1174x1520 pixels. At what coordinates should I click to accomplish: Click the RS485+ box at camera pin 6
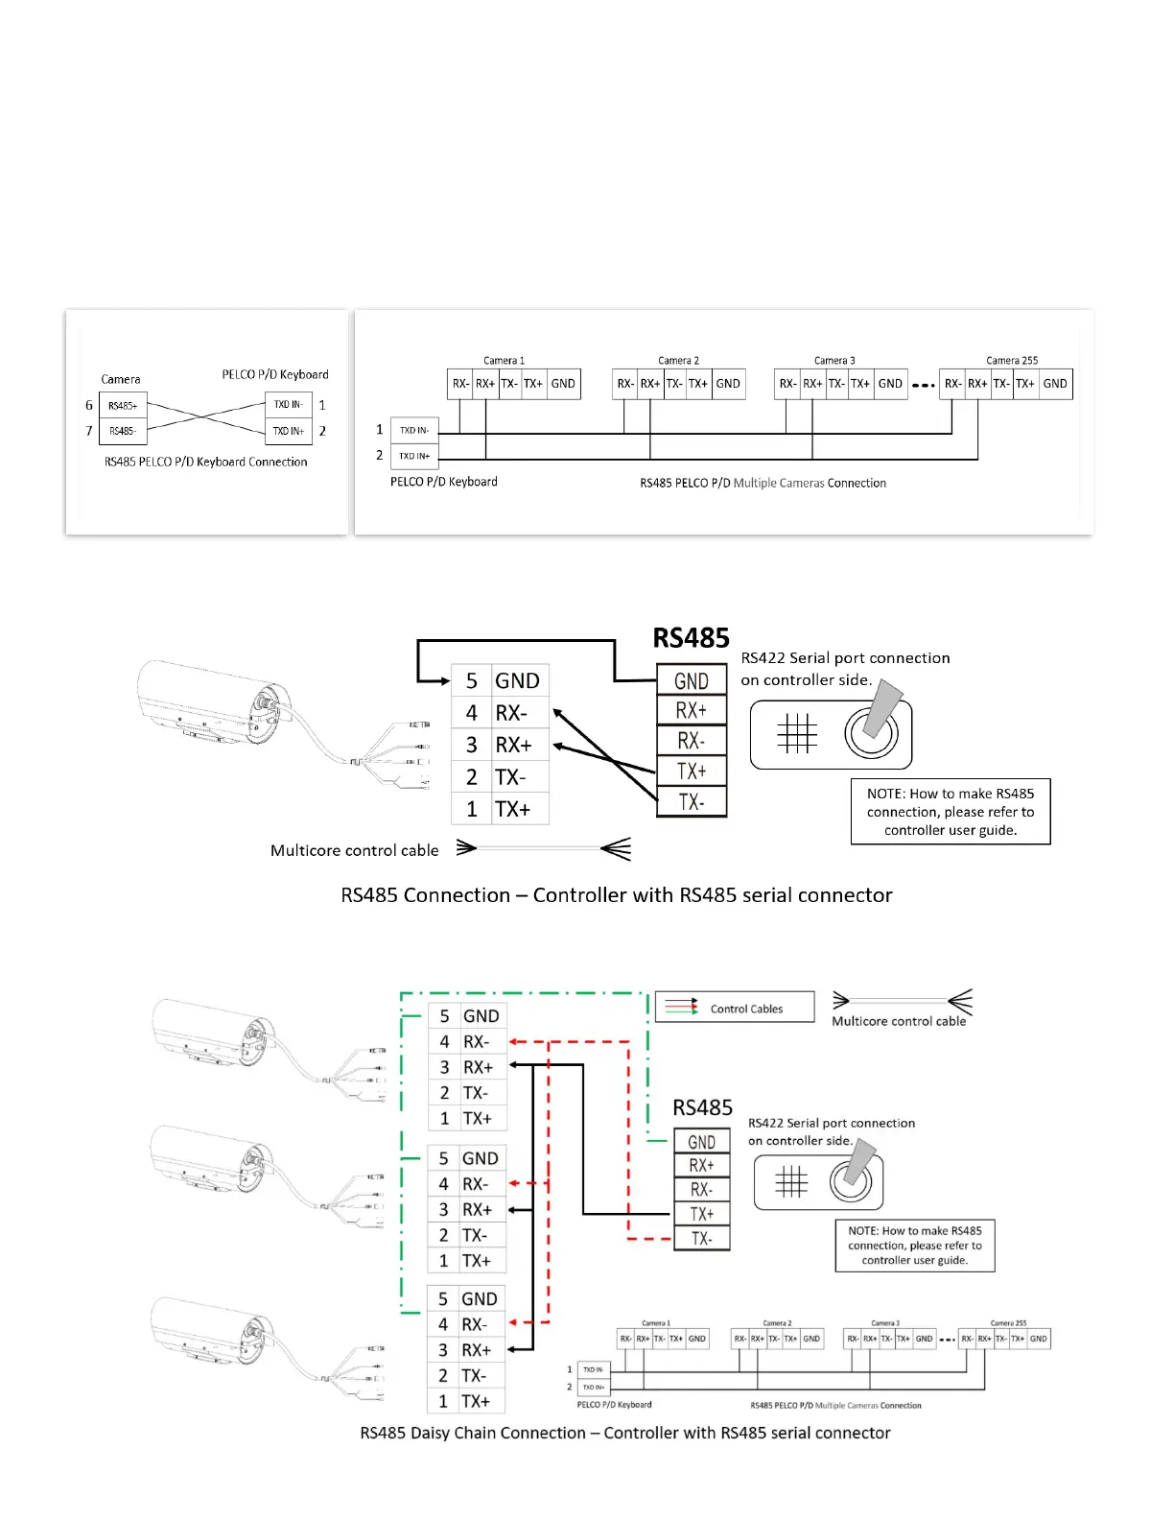coord(123,406)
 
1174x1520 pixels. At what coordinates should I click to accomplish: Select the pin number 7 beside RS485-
coord(89,431)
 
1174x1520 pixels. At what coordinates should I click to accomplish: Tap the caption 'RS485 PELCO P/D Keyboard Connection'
coord(205,462)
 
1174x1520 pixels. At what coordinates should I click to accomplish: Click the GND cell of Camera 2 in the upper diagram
coord(728,384)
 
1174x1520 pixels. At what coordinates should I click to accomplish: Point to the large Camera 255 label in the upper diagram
coord(1012,361)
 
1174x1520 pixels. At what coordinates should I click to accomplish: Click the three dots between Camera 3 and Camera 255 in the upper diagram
coord(923,385)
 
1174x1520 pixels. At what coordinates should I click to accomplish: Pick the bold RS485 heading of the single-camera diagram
coord(691,638)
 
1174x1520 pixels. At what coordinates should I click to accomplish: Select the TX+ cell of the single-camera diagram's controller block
coord(692,772)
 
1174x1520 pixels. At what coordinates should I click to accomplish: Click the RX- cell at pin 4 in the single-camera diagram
coord(510,713)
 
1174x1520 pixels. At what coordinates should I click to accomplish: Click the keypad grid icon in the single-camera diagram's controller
coord(796,734)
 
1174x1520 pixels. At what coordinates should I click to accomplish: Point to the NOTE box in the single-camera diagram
coord(951,812)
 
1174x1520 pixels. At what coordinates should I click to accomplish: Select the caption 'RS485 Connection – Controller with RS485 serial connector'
coord(616,895)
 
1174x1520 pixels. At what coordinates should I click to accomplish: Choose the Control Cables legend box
coord(735,1008)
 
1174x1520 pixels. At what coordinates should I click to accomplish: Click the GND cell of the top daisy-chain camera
coord(481,1016)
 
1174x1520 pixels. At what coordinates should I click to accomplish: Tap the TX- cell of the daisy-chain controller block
coord(701,1239)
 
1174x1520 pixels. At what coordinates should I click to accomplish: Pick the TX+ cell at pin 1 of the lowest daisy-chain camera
coord(476,1401)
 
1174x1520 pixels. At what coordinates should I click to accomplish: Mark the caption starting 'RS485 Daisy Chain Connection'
coord(625,1433)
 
